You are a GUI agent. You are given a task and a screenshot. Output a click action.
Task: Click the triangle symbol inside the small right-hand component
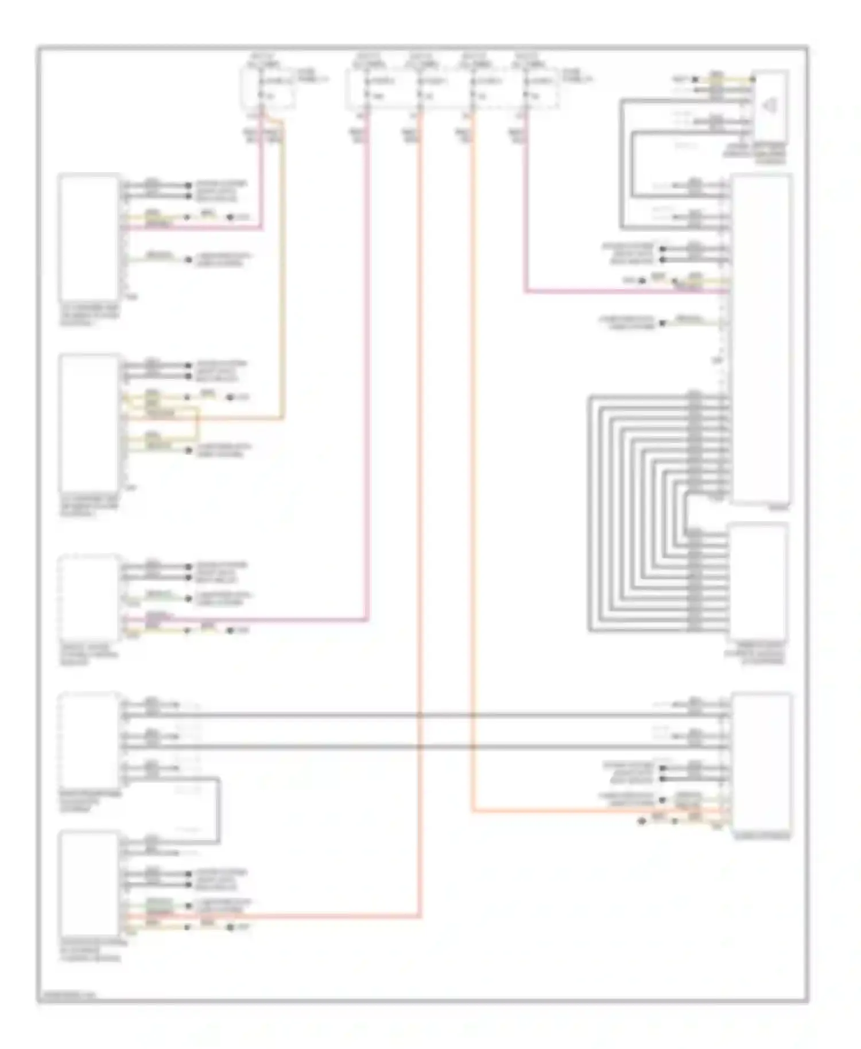click(769, 105)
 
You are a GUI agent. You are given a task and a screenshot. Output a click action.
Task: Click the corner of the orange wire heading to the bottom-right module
click(473, 811)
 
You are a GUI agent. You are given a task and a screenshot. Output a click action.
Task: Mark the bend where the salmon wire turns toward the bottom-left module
click(420, 916)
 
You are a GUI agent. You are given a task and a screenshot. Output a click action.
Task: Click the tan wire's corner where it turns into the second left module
click(282, 418)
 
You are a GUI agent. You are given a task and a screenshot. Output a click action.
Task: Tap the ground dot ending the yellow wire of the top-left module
click(231, 217)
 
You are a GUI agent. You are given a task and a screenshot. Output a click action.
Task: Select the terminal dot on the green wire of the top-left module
click(188, 260)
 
